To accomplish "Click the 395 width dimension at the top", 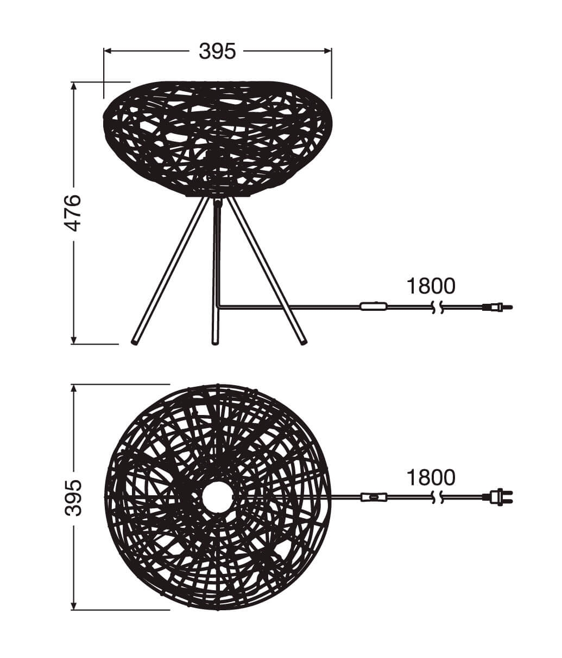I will [217, 51].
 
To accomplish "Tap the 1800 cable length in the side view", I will [431, 286].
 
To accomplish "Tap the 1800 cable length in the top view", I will [431, 477].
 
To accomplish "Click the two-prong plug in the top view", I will [498, 496].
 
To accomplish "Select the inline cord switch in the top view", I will [374, 496].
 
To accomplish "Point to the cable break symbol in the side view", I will [438, 308].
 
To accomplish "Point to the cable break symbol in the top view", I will [438, 496].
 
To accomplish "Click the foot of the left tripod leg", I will [134, 342].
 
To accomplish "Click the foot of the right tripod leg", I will [302, 342].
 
